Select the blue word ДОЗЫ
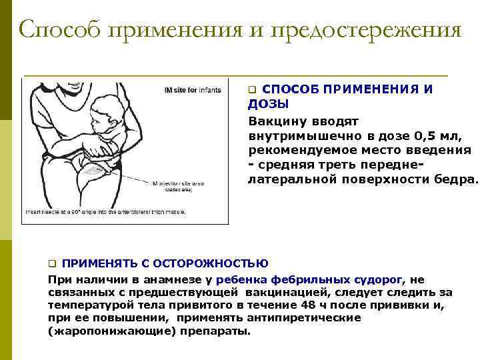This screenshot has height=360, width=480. pos(268,105)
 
